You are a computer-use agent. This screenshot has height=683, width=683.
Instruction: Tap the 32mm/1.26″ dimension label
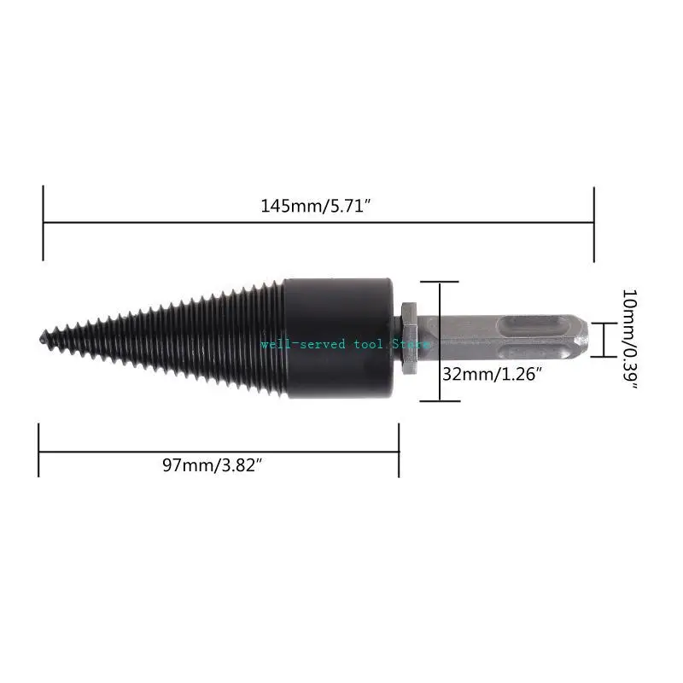tap(493, 373)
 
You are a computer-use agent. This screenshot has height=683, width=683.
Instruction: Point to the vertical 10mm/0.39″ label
tap(631, 340)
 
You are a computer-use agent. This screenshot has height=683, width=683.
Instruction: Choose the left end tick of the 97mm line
tap(39, 450)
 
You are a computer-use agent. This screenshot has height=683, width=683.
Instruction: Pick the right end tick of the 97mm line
tap(399, 450)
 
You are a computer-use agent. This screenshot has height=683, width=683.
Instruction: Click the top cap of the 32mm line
tap(439, 282)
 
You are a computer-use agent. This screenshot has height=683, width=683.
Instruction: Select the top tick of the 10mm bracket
tap(604, 323)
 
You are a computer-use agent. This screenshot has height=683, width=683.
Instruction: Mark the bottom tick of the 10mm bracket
tap(604, 356)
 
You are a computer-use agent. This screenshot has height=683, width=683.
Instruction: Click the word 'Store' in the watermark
tap(412, 344)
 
